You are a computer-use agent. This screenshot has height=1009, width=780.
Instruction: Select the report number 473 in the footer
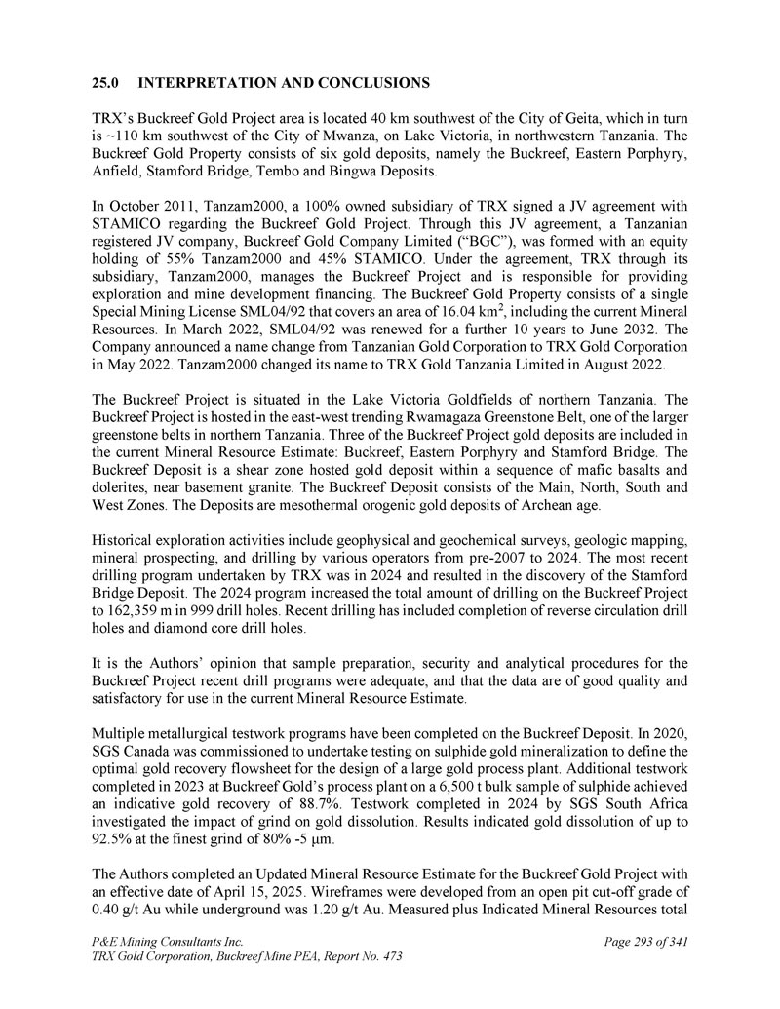[x=387, y=958]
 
